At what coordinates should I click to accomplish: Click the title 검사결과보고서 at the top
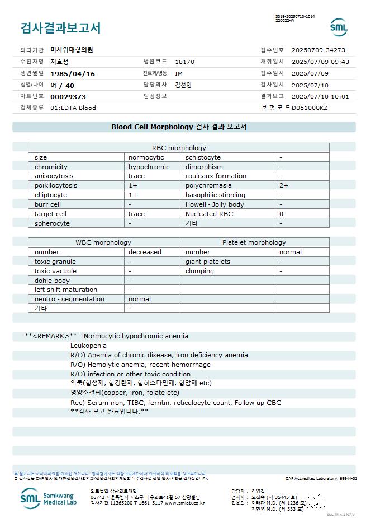pos(60,27)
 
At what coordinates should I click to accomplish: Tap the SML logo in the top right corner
pos(339,27)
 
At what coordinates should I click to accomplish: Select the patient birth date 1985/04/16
pos(73,73)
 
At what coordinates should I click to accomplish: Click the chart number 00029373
pos(68,96)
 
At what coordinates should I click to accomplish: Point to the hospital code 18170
pos(184,62)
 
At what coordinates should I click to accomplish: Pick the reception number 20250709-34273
pos(318,50)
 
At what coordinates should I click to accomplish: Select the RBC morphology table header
pos(179,148)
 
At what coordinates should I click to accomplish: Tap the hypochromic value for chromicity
pos(149,167)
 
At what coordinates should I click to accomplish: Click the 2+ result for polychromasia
pos(284,185)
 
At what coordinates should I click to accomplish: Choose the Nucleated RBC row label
pos(209,214)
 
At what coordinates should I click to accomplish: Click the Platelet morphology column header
pos(254,242)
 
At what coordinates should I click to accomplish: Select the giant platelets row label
pos(208,262)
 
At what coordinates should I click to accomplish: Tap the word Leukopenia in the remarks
pos(88,346)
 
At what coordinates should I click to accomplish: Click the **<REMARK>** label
pos(51,336)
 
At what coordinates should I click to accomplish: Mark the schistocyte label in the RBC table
pos(203,157)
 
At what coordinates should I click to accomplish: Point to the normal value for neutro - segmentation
pos(140,299)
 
